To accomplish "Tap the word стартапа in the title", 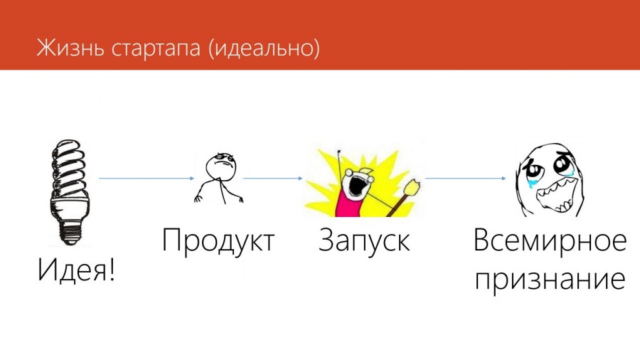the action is [156, 49].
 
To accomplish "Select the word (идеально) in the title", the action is [264, 48].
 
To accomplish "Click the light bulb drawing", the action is [70, 192].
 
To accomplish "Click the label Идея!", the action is [76, 270].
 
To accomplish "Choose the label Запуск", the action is [364, 241].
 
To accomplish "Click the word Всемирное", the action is [550, 241].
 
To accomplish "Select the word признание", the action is [550, 280].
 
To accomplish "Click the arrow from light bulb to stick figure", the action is [146, 179].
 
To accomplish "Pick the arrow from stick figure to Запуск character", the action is [272, 179].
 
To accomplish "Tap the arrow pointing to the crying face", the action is [465, 179].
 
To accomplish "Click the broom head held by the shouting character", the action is [412, 187].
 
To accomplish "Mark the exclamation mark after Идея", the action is [111, 270].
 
